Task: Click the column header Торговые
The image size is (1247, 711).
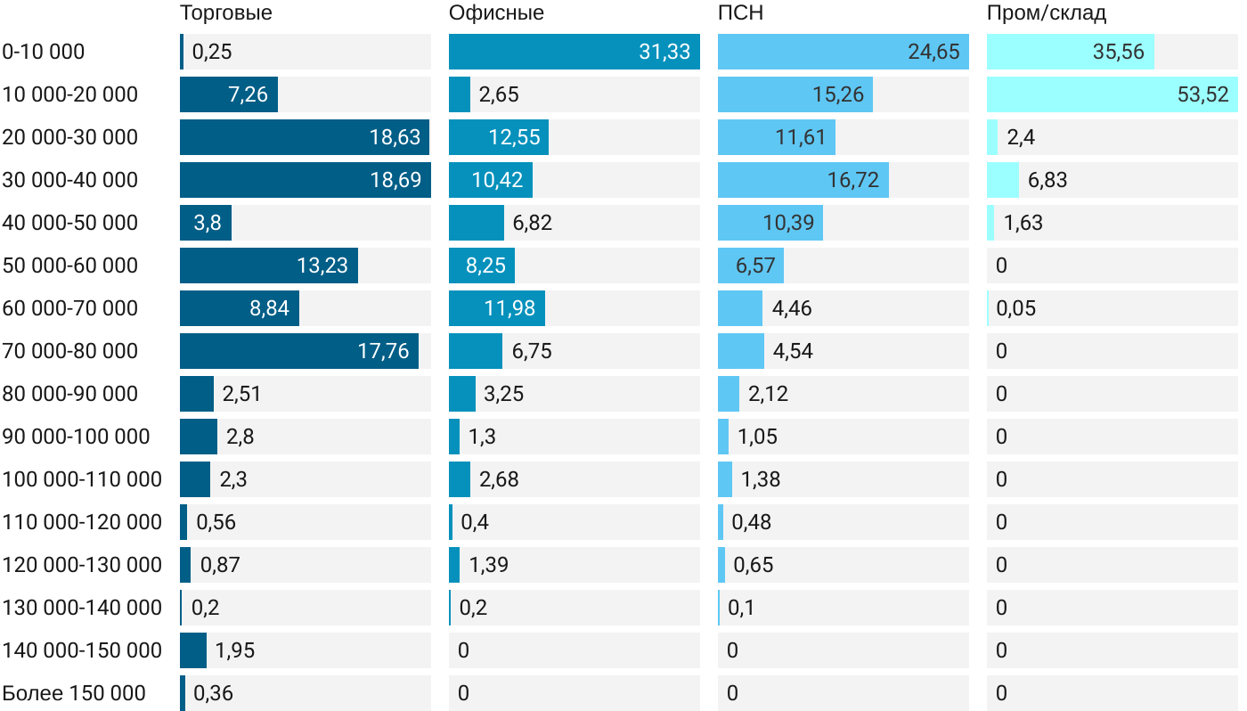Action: [226, 13]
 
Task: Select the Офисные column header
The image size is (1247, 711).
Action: [496, 13]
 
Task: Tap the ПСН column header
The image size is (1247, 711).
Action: [740, 13]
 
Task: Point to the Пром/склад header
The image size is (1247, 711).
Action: [1047, 13]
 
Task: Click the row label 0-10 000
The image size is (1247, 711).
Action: [44, 52]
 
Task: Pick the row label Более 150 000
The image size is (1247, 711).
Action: [74, 693]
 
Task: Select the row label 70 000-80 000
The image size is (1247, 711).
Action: [70, 351]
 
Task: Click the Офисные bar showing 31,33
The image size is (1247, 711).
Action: [574, 52]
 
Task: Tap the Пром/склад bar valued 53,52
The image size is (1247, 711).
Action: [1112, 94]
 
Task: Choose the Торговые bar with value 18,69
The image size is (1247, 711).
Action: [305, 180]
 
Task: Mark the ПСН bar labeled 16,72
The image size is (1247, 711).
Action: [803, 180]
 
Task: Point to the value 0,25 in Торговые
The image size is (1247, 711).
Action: [212, 52]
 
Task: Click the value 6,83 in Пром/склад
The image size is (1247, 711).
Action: [1047, 180]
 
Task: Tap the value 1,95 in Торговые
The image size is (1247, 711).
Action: [235, 650]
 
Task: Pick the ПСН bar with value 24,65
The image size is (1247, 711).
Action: [843, 52]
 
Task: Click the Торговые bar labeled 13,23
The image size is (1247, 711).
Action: [268, 266]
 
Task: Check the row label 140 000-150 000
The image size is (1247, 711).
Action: [82, 650]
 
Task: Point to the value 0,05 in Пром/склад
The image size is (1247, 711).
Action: [1016, 308]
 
